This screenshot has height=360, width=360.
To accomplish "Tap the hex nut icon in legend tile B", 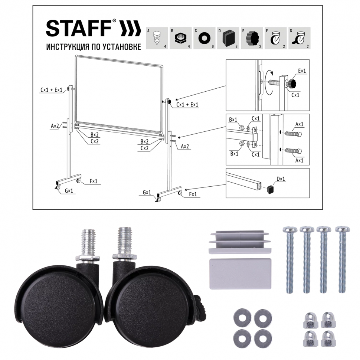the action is (x=180, y=38).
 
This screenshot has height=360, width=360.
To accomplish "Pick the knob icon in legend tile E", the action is (x=252, y=38).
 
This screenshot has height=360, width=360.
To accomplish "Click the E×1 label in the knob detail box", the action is (x=302, y=71).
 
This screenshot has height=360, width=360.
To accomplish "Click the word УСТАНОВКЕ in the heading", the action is (x=122, y=47).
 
